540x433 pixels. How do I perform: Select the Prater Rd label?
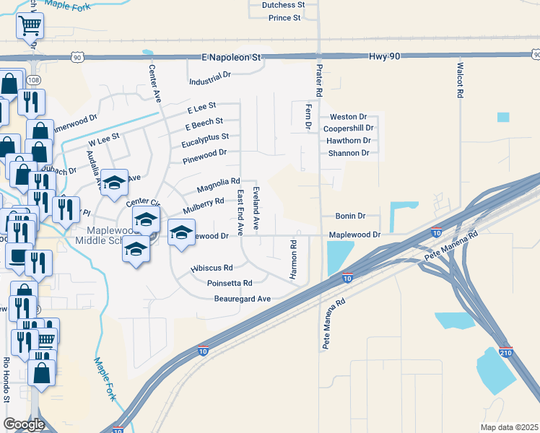[318, 81]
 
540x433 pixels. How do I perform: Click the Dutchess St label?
[283, 5]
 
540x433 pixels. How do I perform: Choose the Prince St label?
[284, 17]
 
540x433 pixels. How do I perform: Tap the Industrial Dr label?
[209, 75]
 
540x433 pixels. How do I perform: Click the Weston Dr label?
[348, 117]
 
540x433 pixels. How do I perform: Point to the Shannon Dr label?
[349, 153]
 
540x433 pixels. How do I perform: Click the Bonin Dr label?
[351, 216]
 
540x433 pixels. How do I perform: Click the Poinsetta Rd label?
[229, 284]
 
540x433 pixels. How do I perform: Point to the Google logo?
[24, 424]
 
